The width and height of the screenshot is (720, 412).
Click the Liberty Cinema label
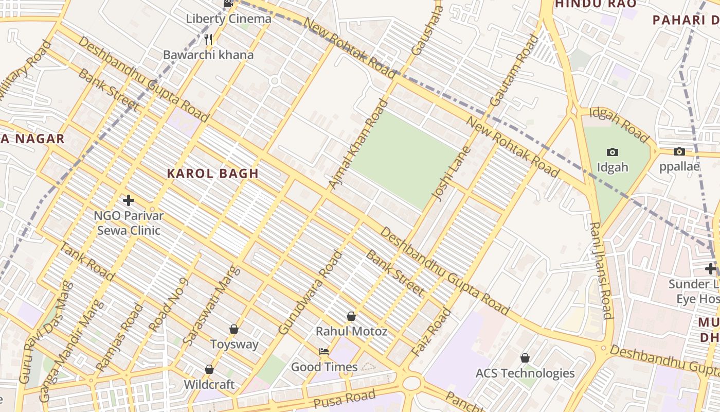[x=228, y=19]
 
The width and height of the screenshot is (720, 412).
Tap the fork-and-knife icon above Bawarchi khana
[x=208, y=39]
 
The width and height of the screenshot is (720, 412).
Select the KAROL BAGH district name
[x=212, y=174]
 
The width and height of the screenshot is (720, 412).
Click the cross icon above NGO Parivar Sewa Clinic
[x=129, y=200]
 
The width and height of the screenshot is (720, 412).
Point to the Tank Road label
[x=86, y=261]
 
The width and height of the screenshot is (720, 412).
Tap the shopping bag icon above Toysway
[x=234, y=329]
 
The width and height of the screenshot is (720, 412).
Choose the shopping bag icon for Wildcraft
[x=209, y=369]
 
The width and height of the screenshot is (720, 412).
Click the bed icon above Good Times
[x=324, y=352]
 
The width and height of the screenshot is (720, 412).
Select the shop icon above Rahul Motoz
[x=351, y=316]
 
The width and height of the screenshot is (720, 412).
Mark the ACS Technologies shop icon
[x=525, y=357]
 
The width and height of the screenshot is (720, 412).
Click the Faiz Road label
[x=431, y=333]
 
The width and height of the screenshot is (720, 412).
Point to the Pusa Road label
[x=345, y=399]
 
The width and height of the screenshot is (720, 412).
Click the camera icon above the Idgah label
[x=612, y=152]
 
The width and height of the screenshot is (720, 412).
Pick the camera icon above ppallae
[x=679, y=151]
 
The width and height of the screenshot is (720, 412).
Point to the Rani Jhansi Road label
[x=601, y=270]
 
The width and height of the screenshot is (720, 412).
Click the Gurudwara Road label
[x=310, y=293]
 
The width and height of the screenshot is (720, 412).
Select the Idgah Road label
[x=619, y=125]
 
